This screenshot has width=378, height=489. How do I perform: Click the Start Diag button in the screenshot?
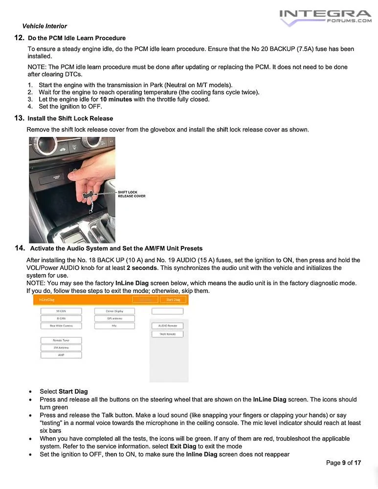click(x=173, y=300)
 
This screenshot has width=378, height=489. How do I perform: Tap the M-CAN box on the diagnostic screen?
click(x=61, y=311)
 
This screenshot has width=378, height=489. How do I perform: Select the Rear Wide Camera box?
click(x=61, y=326)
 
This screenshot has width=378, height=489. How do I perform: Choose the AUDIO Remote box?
click(x=167, y=326)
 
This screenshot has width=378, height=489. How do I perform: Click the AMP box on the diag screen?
click(x=61, y=355)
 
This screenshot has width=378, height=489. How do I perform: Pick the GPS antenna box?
click(x=114, y=318)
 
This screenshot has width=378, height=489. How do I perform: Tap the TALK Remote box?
click(x=167, y=334)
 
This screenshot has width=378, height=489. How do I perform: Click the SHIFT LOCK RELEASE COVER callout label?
click(x=131, y=194)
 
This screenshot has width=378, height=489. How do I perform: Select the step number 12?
click(x=19, y=38)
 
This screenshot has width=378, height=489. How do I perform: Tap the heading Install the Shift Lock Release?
click(x=70, y=118)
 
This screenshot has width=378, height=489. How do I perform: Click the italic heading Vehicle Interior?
click(x=44, y=26)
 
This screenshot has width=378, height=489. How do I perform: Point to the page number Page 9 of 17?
click(x=343, y=463)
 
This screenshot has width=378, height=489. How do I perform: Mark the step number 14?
click(x=20, y=248)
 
